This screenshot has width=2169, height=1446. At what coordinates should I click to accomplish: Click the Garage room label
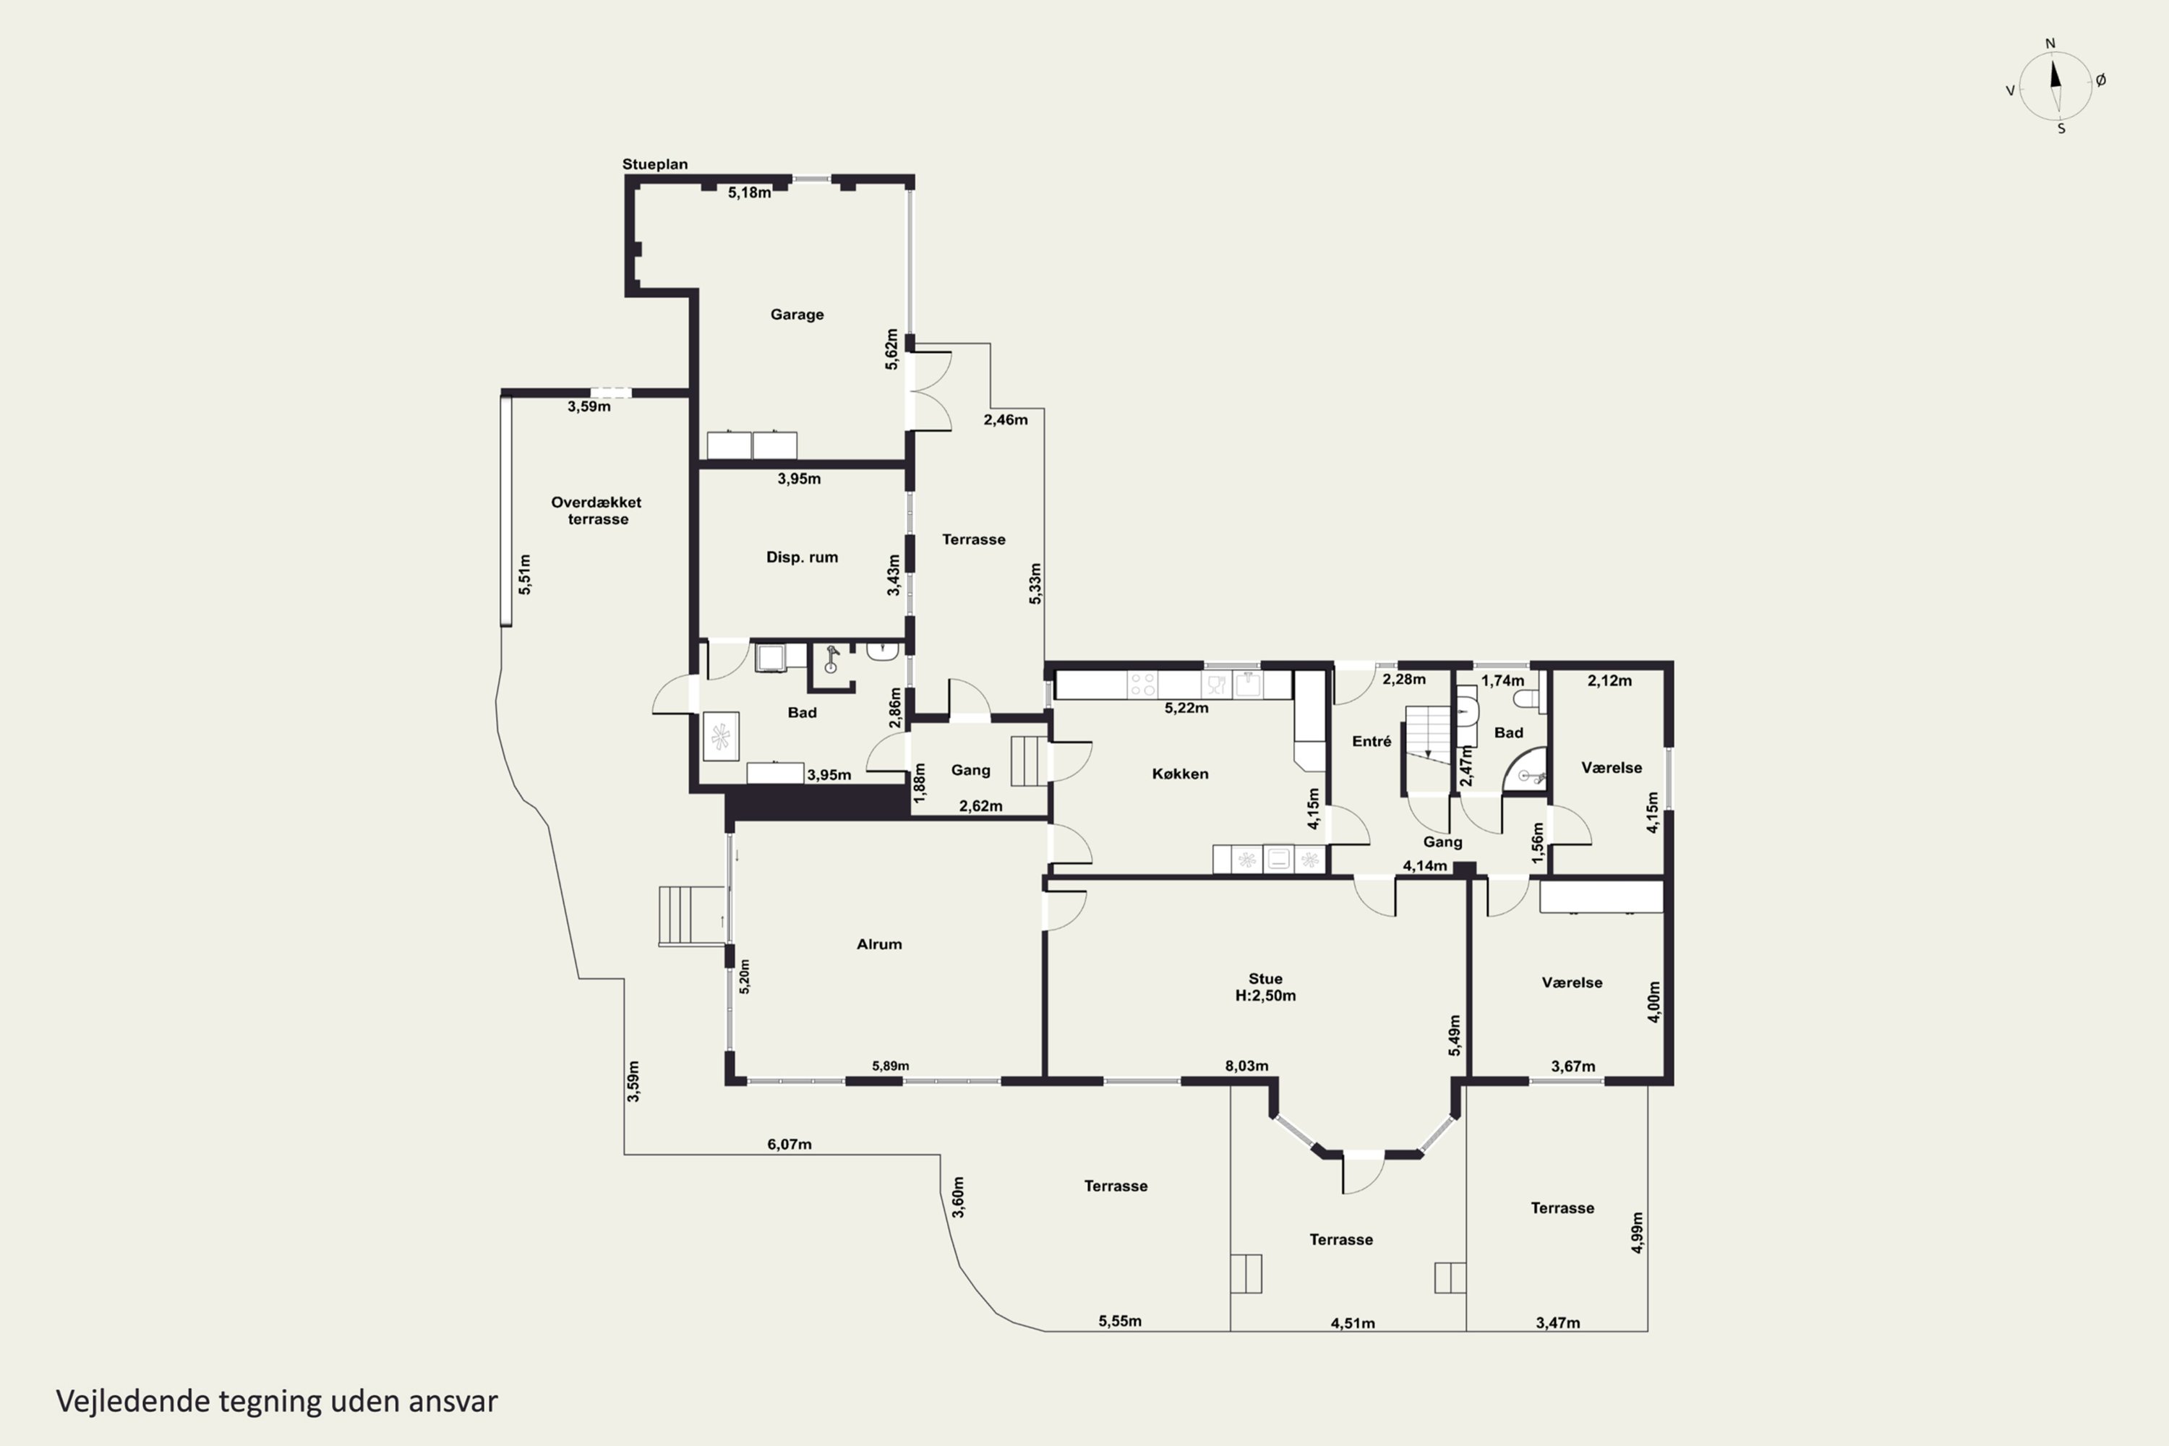coord(797,315)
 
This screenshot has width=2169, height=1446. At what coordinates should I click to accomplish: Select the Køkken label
coord(1179,774)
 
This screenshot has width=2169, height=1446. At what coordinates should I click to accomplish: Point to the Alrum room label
coord(879,944)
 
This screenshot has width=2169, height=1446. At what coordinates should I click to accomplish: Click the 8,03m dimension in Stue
coord(1246,1066)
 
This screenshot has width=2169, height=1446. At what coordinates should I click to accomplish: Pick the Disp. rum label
coord(801,557)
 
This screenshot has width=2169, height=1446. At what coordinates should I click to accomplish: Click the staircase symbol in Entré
coord(1427,734)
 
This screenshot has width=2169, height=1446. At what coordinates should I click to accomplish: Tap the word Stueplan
coord(655,164)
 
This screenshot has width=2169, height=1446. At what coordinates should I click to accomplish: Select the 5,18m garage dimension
coord(749,193)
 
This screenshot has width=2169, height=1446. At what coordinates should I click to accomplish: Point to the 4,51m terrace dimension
coord(1352,1323)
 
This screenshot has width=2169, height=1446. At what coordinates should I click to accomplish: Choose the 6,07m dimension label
coord(790,1145)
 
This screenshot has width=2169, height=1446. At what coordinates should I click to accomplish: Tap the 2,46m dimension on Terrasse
coord(1005,419)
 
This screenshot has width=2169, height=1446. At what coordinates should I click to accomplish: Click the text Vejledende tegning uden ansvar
coord(277,1401)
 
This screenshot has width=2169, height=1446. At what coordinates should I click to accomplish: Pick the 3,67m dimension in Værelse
coord(1573,1066)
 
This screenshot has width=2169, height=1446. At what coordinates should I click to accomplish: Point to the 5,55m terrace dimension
coord(1119,1322)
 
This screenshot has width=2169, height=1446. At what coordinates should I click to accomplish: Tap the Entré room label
coord(1372,742)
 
